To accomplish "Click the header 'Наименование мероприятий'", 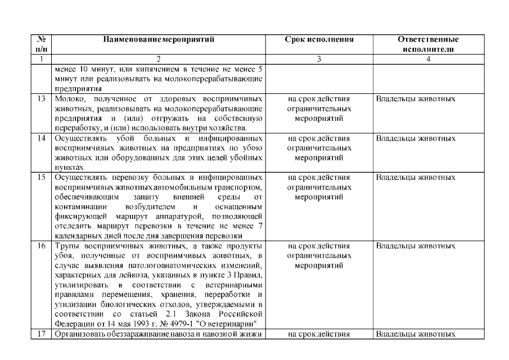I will coord(159,40).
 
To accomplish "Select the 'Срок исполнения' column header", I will coord(319,40).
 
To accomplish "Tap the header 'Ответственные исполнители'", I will coord(427,44).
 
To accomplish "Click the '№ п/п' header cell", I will coord(41,44).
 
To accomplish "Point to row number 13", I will coord(41,99).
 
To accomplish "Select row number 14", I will coord(41,138).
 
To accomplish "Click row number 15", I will coord(41,177).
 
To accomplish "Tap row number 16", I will coord(41,246).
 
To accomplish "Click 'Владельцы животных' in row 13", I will coord(415,99).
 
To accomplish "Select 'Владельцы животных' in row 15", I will coord(415,177).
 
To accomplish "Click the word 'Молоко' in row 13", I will coord(68,99).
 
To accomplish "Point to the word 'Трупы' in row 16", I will coord(66,246).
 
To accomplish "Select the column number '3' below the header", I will coord(319,58).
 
